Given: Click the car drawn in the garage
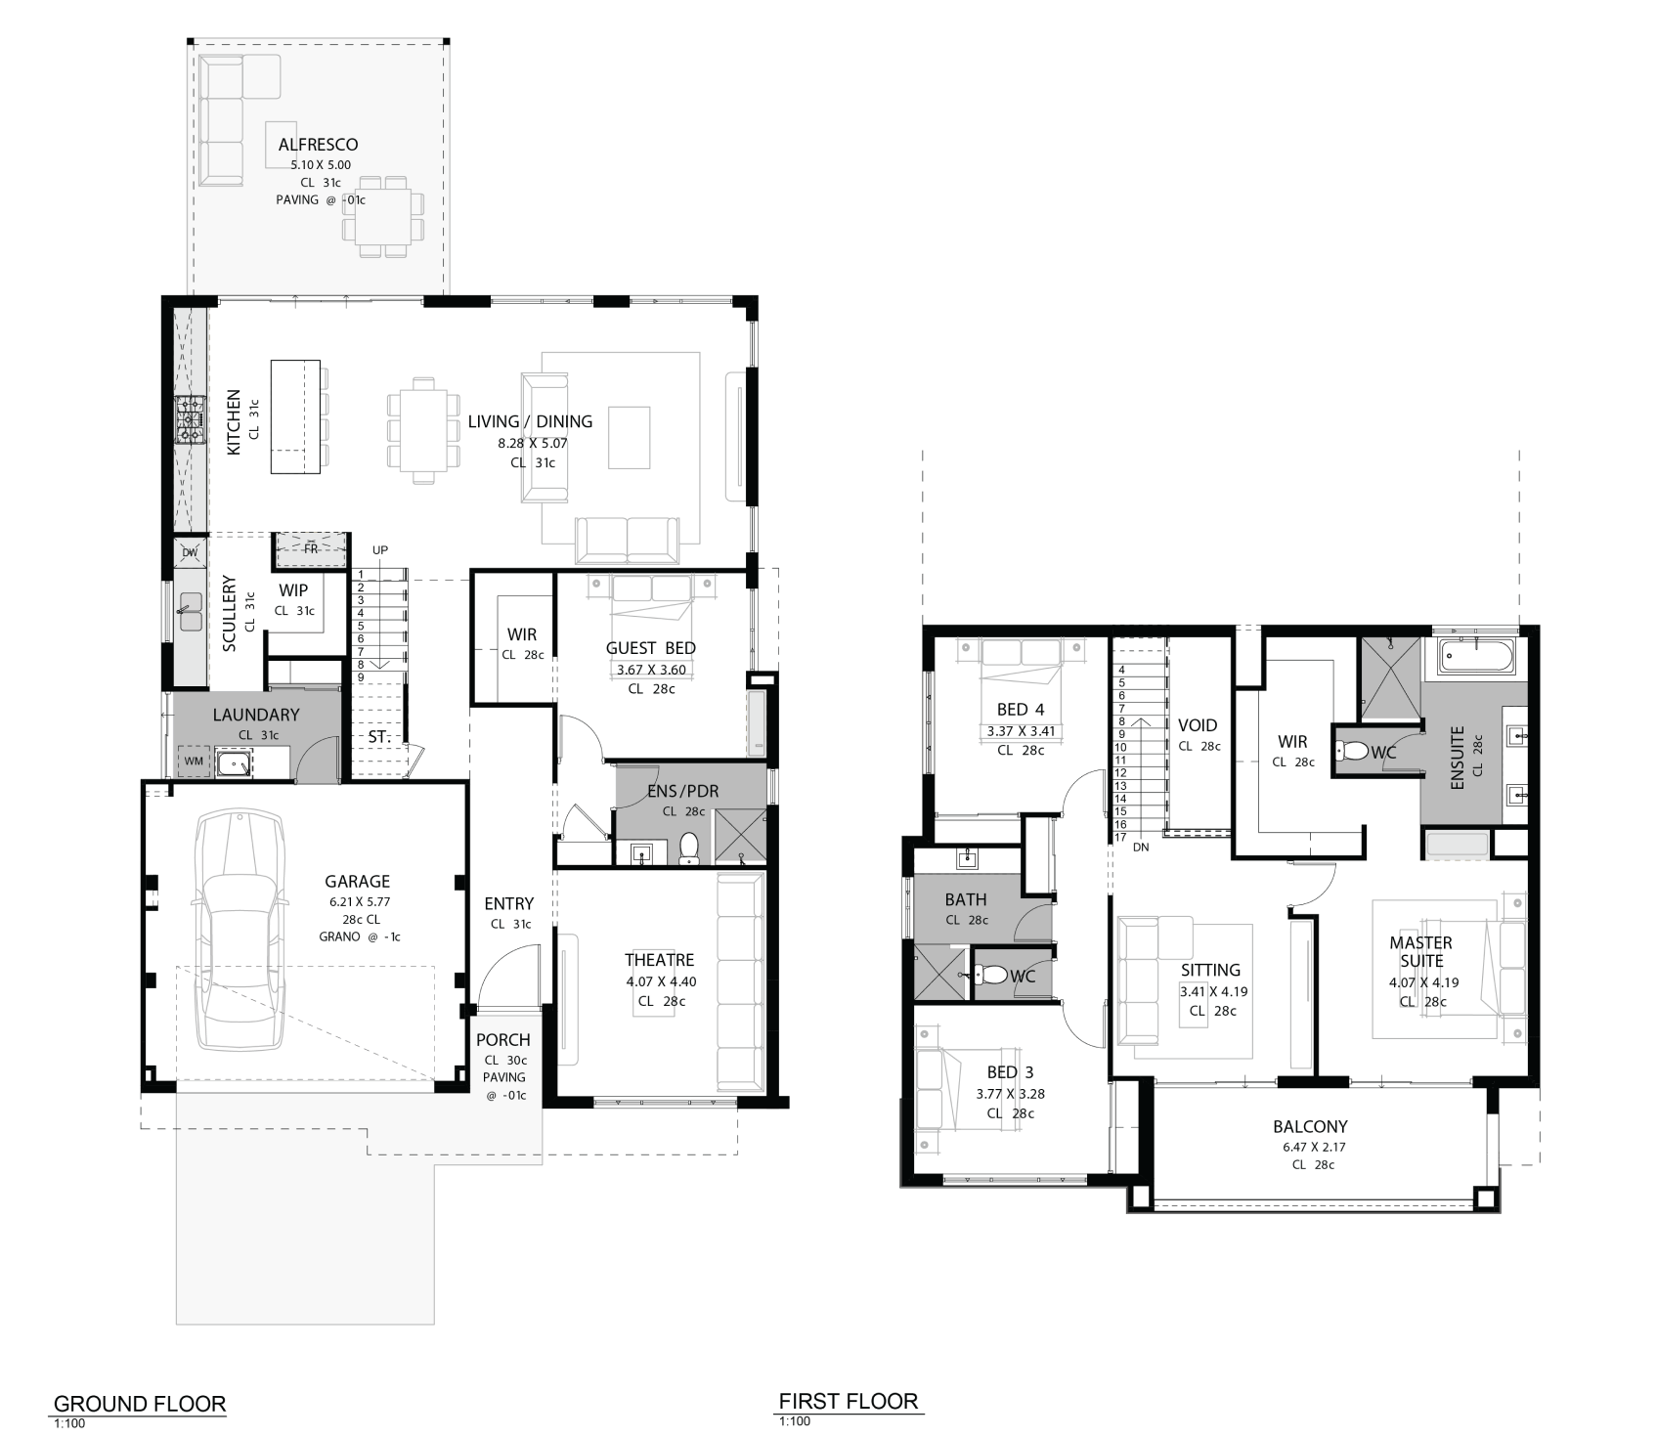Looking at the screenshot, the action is [x=240, y=931].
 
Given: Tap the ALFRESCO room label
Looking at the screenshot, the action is [x=318, y=145].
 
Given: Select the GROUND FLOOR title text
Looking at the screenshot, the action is [x=140, y=1405].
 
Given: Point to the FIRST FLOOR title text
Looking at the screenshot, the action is [x=849, y=1402].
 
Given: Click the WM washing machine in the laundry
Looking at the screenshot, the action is [x=194, y=761].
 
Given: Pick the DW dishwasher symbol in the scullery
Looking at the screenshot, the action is [x=190, y=552].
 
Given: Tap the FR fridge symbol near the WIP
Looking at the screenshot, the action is [x=311, y=549].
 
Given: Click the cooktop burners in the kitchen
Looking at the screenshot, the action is [x=190, y=419].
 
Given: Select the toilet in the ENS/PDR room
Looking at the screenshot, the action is [x=688, y=849].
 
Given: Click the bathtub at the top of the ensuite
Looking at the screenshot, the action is [x=1476, y=657].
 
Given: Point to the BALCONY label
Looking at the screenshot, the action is [x=1310, y=1126].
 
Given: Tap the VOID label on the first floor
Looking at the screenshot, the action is [x=1198, y=725].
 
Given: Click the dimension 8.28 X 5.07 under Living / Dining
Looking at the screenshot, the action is [x=533, y=443].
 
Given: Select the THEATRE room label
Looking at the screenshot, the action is [x=660, y=960].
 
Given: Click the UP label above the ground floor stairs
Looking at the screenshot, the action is [x=380, y=550].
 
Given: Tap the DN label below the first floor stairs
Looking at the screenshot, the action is [x=1141, y=848].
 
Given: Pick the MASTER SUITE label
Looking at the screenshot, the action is [x=1420, y=951].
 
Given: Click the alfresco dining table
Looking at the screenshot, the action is [x=382, y=216].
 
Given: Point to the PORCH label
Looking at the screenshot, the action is [x=503, y=1040].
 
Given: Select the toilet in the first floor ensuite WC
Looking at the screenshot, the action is [x=1355, y=752].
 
